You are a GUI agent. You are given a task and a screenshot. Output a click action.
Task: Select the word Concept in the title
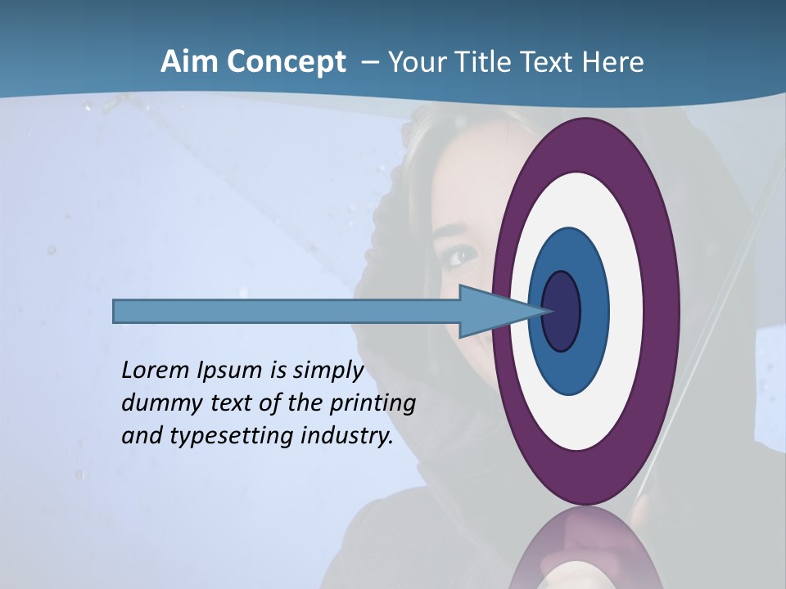(x=287, y=62)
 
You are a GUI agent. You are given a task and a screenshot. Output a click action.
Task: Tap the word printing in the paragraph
(x=372, y=403)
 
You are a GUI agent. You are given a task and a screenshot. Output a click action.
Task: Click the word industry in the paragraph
(x=346, y=436)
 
